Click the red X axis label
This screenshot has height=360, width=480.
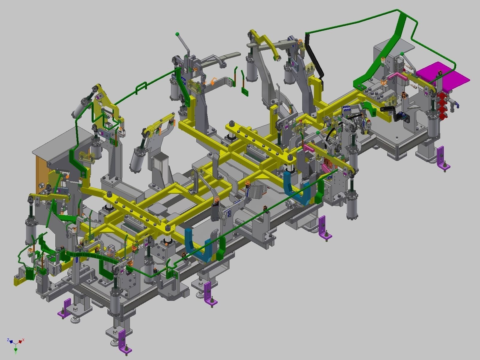click(x=23, y=340)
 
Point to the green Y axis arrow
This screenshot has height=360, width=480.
click(x=16, y=349)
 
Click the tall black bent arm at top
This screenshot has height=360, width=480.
click(x=314, y=57)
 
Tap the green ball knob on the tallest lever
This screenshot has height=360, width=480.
click(x=177, y=34)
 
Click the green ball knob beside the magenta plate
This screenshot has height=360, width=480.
click(x=402, y=54)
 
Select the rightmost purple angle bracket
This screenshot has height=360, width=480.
click(x=442, y=158)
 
